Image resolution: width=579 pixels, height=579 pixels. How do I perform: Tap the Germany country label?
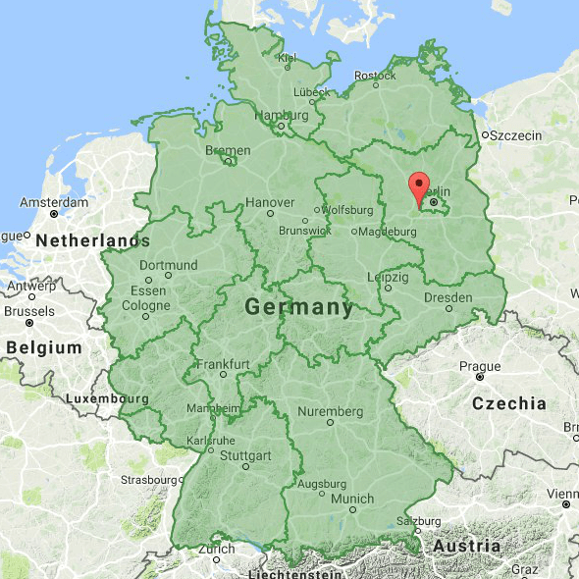point(299,307)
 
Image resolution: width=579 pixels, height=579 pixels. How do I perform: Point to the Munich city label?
point(352,499)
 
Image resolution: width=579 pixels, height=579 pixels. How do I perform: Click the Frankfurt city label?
point(224,363)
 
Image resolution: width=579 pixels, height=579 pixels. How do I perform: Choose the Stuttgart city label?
point(245,455)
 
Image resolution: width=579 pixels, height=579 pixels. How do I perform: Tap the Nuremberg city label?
point(330,410)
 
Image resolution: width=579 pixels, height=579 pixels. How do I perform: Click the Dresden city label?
point(447,297)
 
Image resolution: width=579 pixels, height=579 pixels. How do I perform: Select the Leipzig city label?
point(388,277)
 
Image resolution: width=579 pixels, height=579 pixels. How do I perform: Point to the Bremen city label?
point(228,150)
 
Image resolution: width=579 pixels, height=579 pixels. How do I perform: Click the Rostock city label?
point(375,75)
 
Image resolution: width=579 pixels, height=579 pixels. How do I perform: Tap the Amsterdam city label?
point(55,201)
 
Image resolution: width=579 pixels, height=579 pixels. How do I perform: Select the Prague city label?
point(480,366)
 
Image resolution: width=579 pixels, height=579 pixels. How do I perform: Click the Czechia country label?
point(509,402)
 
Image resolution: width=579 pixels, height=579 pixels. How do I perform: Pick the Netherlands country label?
point(93,240)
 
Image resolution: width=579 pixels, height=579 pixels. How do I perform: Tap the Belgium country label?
point(43,347)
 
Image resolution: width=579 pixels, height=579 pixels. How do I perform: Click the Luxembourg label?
point(107,399)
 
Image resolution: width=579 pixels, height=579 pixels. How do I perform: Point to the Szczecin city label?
point(515,134)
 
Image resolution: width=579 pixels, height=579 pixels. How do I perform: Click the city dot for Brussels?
point(29,322)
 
